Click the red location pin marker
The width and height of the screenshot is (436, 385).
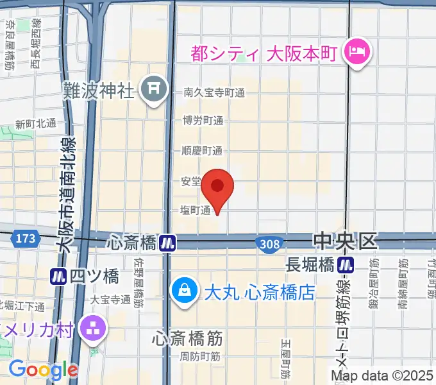(217, 187)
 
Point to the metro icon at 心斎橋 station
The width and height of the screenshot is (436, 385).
(168, 243)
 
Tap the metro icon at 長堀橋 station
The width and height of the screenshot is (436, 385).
(347, 264)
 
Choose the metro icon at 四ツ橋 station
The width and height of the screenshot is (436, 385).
(59, 277)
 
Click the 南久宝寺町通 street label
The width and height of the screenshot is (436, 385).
(214, 92)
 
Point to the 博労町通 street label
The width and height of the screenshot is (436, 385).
(203, 121)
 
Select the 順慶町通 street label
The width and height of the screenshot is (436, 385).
(203, 151)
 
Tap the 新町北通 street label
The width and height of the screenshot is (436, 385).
(36, 123)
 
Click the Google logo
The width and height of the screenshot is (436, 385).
(43, 370)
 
